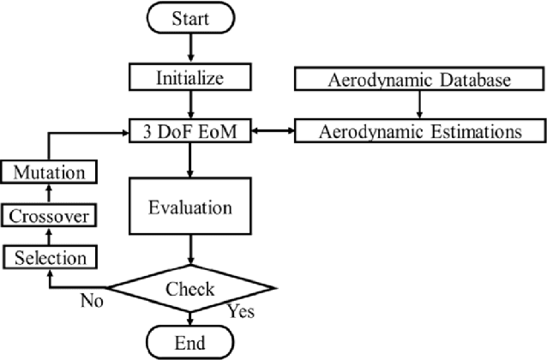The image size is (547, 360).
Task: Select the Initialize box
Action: point(189,78)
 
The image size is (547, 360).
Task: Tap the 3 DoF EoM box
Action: point(189,132)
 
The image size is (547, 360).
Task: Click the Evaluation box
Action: point(189,207)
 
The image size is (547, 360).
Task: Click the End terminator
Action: point(189,342)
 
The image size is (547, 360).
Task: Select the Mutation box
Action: point(49,172)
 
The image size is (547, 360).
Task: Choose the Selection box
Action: point(49,256)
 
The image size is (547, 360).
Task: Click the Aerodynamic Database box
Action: point(418,80)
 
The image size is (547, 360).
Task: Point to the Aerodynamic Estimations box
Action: point(418,132)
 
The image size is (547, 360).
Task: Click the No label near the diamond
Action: point(92,301)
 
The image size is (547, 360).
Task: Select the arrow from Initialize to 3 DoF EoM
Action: point(189,105)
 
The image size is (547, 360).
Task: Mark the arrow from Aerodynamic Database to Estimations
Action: point(418,105)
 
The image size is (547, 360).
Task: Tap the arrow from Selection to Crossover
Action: point(49,236)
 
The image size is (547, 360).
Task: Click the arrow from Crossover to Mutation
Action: point(49,194)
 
